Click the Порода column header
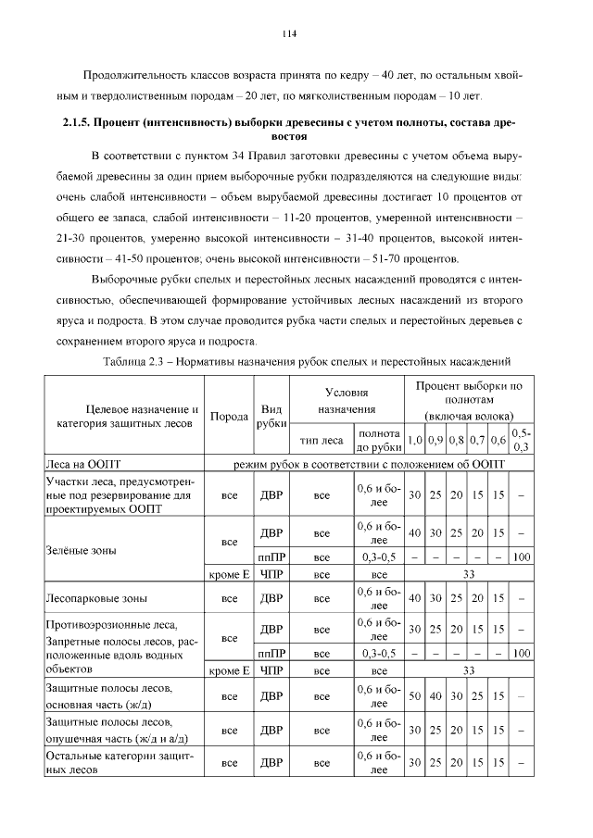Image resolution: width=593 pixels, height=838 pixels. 229,417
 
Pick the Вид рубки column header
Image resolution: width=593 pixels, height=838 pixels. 271,417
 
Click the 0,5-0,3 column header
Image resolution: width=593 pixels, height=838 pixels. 522,440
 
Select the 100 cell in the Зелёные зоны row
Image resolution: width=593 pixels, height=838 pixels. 522,558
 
